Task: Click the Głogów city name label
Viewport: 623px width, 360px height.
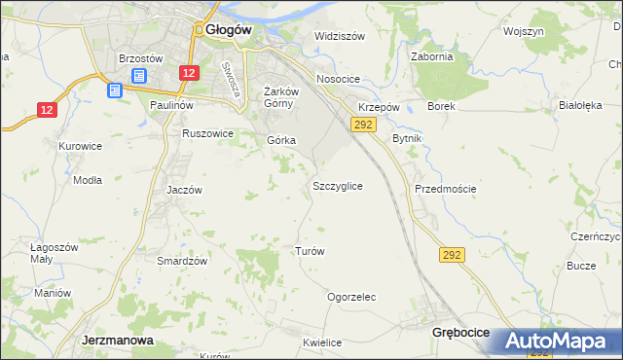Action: [x=230, y=30]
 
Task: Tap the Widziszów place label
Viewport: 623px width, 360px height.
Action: [x=339, y=36]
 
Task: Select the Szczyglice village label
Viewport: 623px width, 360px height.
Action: [x=338, y=185]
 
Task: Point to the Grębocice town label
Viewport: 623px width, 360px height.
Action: [x=460, y=332]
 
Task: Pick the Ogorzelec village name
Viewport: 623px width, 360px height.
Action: [x=351, y=297]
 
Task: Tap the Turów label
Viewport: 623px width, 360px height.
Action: [x=309, y=250]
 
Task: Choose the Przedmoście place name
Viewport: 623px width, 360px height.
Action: [x=445, y=188]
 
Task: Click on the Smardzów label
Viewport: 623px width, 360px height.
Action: [x=182, y=261]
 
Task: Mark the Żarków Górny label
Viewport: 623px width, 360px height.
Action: [x=279, y=98]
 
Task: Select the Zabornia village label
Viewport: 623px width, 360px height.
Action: [x=432, y=56]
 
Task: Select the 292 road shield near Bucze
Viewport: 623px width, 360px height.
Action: [x=452, y=254]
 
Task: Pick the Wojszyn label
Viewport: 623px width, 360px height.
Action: [x=523, y=31]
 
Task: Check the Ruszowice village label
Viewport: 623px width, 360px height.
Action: [x=207, y=133]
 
